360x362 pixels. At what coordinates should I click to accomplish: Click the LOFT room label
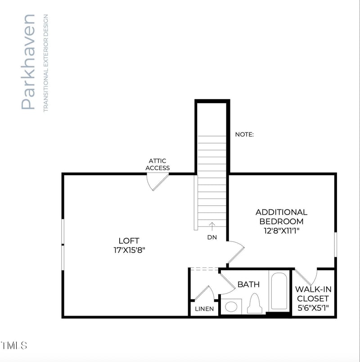pyautogui.click(x=129, y=241)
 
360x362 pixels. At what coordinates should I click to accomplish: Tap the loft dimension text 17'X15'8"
pyautogui.click(x=129, y=250)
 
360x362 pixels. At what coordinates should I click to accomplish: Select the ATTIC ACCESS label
pyautogui.click(x=157, y=164)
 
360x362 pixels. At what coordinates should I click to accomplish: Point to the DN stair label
pyautogui.click(x=212, y=237)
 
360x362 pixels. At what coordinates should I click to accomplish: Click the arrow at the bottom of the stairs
pyautogui.click(x=212, y=226)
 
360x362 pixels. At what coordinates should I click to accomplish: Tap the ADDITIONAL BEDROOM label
pyautogui.click(x=281, y=217)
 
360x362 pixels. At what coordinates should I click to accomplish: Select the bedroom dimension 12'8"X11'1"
pyautogui.click(x=282, y=231)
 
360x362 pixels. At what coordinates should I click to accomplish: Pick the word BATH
pyautogui.click(x=248, y=285)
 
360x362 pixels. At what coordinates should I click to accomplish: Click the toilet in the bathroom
pyautogui.click(x=254, y=303)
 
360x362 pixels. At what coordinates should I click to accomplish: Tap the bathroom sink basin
pyautogui.click(x=231, y=307)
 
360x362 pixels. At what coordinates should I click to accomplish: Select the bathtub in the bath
pyautogui.click(x=279, y=291)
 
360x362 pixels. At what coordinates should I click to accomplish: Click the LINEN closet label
pyautogui.click(x=204, y=309)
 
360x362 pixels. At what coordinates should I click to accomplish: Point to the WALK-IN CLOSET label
pyautogui.click(x=313, y=294)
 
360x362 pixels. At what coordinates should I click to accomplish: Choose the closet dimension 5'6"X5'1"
pyautogui.click(x=313, y=308)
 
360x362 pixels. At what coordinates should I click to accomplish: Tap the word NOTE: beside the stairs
pyautogui.click(x=244, y=134)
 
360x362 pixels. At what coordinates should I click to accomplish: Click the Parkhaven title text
pyautogui.click(x=28, y=62)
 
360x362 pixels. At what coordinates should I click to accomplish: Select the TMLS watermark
pyautogui.click(x=14, y=346)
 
